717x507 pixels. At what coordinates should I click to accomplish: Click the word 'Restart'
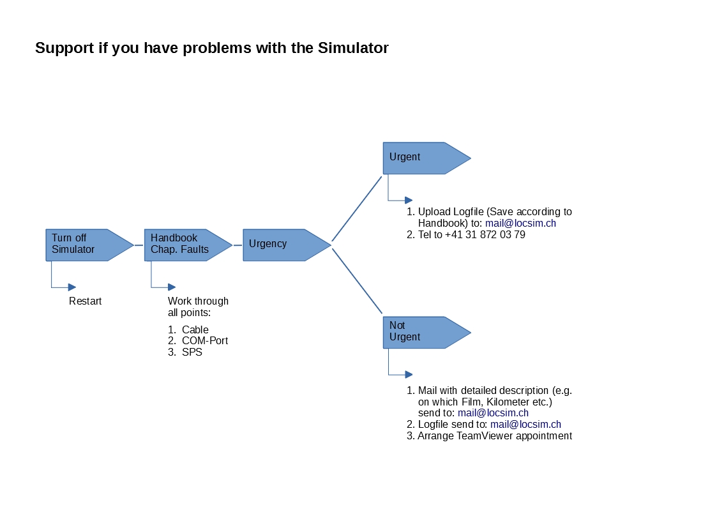[x=85, y=301]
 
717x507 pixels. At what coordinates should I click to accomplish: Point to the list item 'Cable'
[x=195, y=329]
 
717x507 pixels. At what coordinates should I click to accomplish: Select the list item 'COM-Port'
[x=205, y=340]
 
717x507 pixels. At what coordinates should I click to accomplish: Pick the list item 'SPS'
[x=192, y=352]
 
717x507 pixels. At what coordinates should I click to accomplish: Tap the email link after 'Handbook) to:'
[x=520, y=223]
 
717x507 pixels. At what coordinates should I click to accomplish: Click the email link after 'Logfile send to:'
[x=525, y=424]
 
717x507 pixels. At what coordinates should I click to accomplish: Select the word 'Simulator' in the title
[x=353, y=47]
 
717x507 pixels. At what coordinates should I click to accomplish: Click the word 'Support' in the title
[x=64, y=47]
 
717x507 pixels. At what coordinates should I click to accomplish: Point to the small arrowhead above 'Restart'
[x=72, y=287]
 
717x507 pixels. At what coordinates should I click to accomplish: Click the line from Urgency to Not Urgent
[x=357, y=281]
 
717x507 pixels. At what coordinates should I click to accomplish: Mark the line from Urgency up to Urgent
[x=357, y=208]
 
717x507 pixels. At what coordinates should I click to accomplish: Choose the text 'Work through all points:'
[x=198, y=306]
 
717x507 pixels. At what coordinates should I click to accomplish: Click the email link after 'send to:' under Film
[x=493, y=413]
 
